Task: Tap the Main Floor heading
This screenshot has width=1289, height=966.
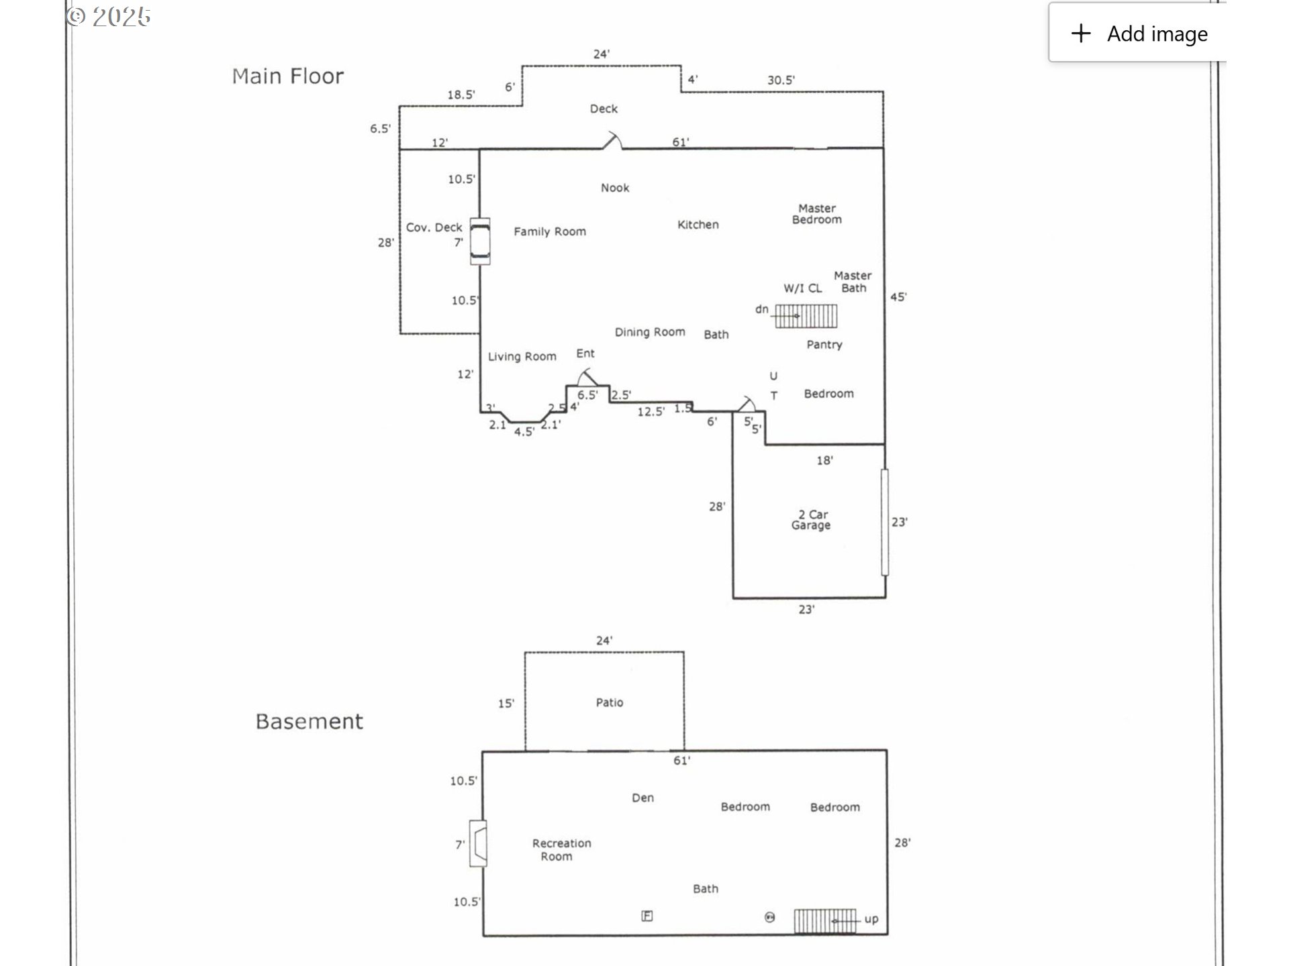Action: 287,76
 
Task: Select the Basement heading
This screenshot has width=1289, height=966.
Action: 309,722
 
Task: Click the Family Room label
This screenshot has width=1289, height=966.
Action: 549,231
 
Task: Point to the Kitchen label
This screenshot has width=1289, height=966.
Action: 698,225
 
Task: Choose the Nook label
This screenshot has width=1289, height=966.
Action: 614,188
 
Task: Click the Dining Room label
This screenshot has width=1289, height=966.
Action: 649,332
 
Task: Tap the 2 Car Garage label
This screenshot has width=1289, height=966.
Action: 811,520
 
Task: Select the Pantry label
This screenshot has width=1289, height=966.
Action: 824,345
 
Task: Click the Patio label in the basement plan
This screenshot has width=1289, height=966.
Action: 609,702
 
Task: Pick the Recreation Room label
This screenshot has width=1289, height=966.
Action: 561,849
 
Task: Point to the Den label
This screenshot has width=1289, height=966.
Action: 642,798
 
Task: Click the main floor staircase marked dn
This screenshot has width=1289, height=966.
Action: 806,316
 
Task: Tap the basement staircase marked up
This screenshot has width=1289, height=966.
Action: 824,920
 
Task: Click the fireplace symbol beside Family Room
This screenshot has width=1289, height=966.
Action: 479,241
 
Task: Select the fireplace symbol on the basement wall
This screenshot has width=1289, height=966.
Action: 478,843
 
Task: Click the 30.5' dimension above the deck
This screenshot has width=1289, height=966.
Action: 781,80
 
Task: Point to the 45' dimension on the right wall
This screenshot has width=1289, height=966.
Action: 898,297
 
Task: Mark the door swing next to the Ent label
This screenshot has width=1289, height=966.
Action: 587,377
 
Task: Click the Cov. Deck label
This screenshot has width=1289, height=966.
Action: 434,227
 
